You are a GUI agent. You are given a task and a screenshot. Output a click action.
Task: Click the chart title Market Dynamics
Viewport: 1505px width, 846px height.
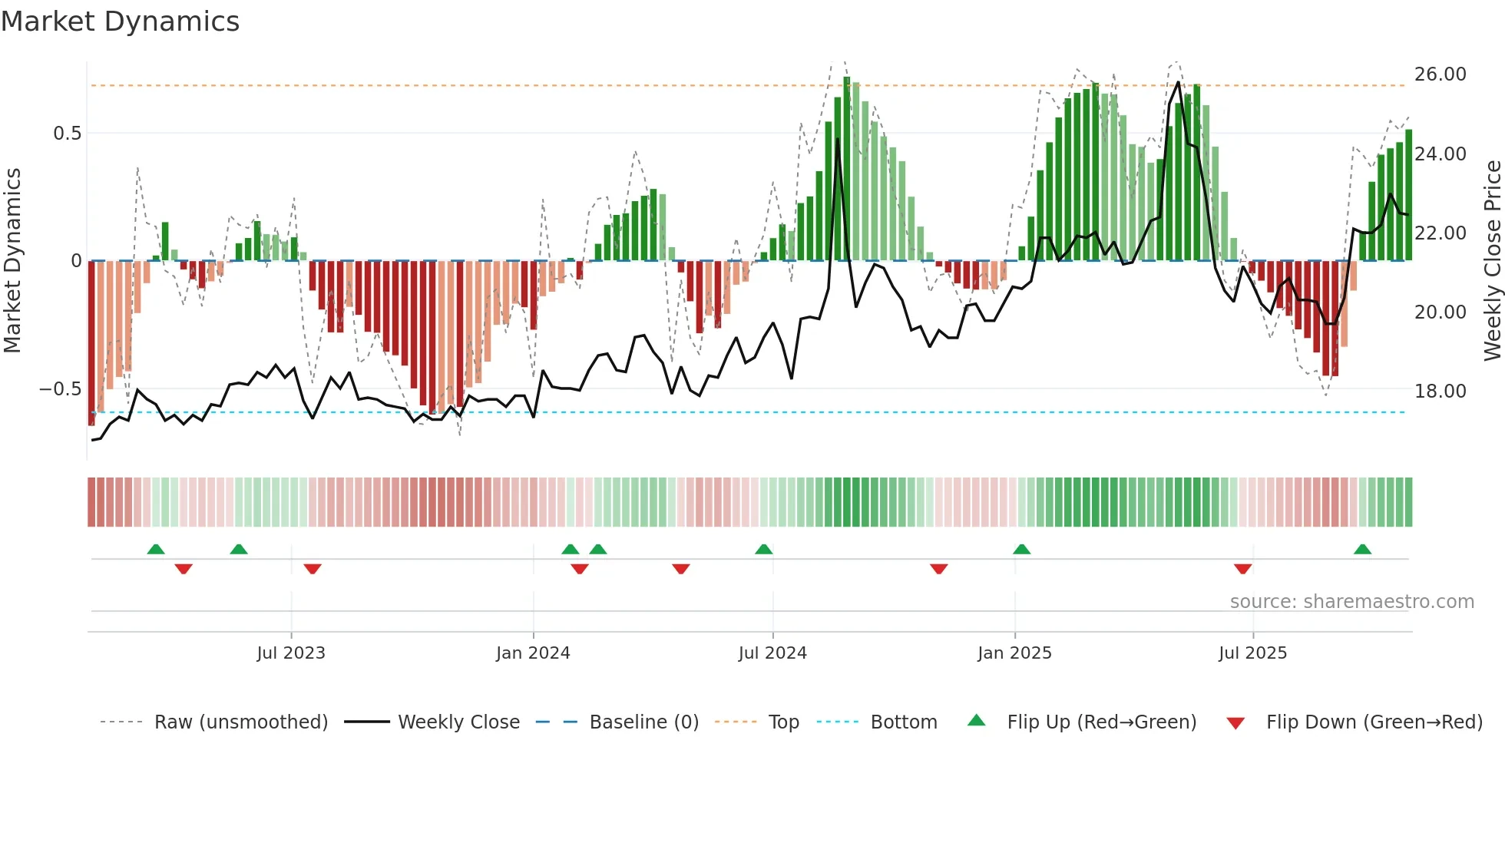point(120,21)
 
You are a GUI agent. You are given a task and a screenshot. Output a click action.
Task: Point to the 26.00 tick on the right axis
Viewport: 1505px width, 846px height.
point(1440,74)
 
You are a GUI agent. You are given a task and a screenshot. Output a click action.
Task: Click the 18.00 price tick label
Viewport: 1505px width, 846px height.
point(1440,392)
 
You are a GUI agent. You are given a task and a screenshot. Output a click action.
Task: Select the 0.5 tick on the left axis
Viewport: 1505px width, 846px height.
point(67,134)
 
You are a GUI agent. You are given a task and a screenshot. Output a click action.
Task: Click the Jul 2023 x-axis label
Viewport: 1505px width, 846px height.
point(291,653)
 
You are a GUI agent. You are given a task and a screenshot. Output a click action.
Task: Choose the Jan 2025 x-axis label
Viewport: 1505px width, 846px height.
point(1014,653)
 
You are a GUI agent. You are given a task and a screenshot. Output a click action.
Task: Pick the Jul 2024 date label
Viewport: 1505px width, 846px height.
point(772,653)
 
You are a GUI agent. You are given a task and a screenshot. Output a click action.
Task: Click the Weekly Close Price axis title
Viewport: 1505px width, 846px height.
point(1492,261)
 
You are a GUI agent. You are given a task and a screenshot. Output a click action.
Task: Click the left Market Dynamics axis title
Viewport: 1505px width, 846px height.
point(12,261)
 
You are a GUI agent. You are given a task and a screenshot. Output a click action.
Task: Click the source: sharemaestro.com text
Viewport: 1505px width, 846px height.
point(1351,602)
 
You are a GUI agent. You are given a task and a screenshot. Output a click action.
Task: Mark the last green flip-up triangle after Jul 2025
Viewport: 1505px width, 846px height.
point(1362,550)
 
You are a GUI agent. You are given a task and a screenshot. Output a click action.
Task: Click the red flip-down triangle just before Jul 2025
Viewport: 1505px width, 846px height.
point(1242,569)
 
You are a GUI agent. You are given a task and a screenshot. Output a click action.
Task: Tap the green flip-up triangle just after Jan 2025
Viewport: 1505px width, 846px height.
point(1021,550)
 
